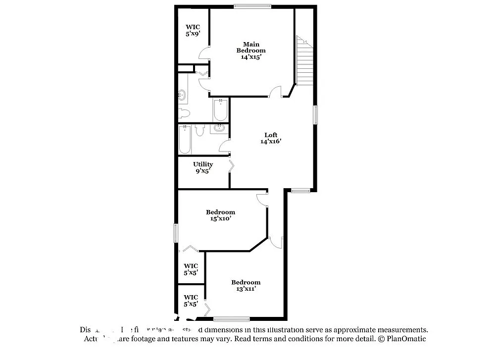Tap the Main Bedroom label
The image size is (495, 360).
(251, 47)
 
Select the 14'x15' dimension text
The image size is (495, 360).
(251, 57)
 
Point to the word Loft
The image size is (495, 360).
(271, 135)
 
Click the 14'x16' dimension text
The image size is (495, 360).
(271, 142)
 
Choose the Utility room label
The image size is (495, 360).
(203, 164)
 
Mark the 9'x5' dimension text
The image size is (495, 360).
(203, 171)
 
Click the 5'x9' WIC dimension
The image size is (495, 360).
(193, 34)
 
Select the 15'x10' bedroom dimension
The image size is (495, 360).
(220, 218)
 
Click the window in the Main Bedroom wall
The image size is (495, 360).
(252, 6)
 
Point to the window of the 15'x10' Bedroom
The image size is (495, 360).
(176, 233)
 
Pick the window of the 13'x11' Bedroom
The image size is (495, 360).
(232, 318)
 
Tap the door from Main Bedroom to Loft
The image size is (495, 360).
(276, 92)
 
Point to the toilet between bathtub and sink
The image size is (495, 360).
(200, 131)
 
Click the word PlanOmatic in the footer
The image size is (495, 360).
(406, 339)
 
